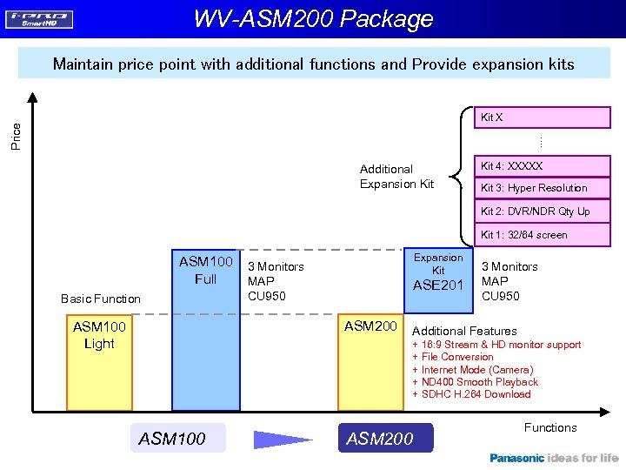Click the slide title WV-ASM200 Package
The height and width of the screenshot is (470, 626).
(313, 18)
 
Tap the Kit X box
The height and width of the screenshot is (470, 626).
(529, 117)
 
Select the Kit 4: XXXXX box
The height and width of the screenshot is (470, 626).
(529, 165)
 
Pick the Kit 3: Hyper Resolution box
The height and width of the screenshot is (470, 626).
(529, 188)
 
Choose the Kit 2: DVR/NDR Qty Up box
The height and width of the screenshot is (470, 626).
(529, 211)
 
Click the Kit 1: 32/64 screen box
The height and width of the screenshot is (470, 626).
(529, 235)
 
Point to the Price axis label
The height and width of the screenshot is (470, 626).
(17, 135)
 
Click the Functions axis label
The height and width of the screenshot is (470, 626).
(550, 427)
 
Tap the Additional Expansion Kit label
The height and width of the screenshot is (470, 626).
(396, 176)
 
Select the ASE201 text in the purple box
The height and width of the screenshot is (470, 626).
(438, 285)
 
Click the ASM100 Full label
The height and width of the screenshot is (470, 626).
(205, 270)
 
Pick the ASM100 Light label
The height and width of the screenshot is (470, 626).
(99, 335)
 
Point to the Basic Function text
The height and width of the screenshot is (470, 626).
(101, 299)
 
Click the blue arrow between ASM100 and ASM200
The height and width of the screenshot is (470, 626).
(283, 439)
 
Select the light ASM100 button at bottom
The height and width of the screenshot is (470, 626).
(172, 439)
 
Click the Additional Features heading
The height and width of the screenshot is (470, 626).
(464, 331)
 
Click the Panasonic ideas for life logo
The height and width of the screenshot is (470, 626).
(554, 458)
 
